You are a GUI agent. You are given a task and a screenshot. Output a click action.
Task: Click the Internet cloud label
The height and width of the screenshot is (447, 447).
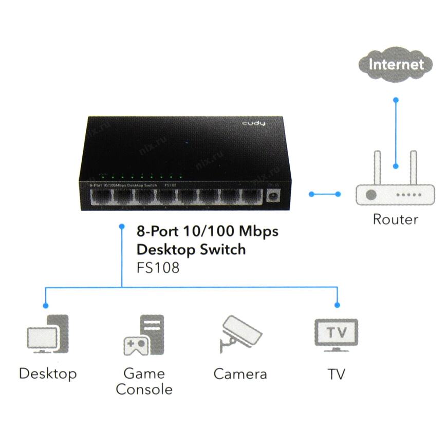pos(396,65)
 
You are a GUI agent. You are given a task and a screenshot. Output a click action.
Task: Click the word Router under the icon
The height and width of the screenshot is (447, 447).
pos(395,219)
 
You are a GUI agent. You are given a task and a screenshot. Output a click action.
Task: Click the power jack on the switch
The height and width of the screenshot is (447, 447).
pos(273,196)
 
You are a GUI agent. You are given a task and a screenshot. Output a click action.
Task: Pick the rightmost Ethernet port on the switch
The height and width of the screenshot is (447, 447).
pos(252,197)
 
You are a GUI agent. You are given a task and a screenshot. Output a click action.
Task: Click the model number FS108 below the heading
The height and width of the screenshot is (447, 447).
pos(158,268)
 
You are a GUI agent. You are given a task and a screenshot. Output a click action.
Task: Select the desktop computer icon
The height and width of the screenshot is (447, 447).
pos(47,334)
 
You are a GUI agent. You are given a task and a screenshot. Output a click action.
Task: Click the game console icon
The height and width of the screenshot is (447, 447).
pos(144,335)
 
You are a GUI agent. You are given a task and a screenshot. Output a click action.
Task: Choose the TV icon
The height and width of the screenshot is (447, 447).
pos(336,334)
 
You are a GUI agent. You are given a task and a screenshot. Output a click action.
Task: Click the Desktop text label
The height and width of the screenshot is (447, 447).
pos(48,374)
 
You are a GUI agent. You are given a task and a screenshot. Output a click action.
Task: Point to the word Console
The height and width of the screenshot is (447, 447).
pos(144,389)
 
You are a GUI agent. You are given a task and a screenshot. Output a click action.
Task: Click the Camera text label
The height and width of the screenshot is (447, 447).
pos(240,374)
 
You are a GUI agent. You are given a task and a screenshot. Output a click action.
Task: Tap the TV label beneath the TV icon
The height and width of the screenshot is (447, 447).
pos(337,374)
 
